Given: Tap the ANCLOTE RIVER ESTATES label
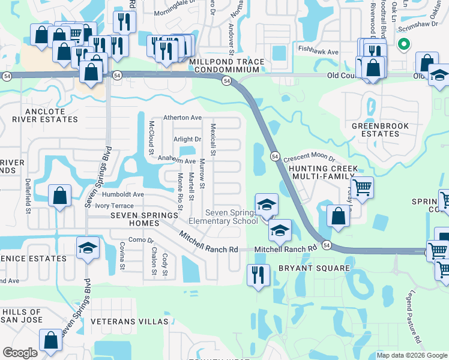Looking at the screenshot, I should pos(44,115).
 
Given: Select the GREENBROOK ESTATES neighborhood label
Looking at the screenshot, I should pos(379,130).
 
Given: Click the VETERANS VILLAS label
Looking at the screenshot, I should pos(130,322).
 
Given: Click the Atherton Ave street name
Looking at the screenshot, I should pos(183,118).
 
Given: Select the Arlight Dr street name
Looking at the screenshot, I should pos(187,139).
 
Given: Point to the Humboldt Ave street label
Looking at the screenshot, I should pos(123,194).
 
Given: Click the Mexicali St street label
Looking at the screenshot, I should pos(212,139).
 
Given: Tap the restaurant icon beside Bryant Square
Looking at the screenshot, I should pos(259,275).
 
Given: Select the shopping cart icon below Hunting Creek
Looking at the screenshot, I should pos(362,187).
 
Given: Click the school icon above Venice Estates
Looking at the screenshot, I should pos(88,248).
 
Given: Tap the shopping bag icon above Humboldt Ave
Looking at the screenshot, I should pos(59,196).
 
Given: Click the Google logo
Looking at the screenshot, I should pos(20,353).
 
